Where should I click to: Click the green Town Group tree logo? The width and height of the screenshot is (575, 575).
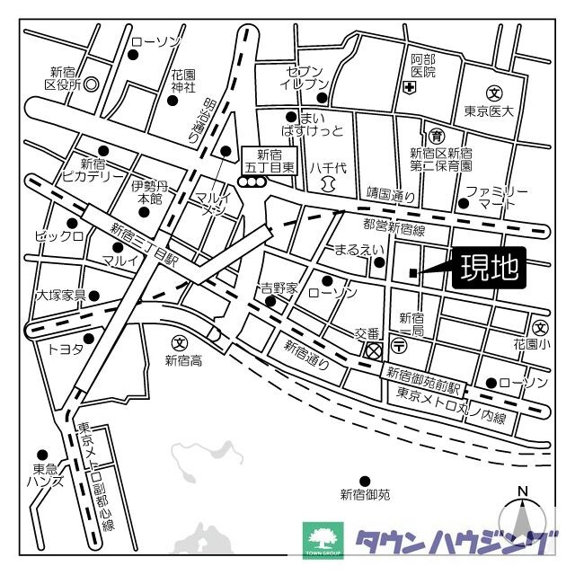point(323,540)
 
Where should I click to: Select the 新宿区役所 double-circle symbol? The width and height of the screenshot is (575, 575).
point(90,85)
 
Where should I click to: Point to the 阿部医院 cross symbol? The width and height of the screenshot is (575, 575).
point(409,87)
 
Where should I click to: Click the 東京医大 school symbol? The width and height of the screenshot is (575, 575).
point(494,93)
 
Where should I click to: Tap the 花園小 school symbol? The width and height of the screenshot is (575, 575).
point(540,327)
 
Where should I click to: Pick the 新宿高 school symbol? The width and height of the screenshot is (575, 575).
point(179,342)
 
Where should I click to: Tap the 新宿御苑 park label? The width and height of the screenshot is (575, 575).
point(365,494)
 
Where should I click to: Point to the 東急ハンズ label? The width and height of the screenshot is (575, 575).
point(46,475)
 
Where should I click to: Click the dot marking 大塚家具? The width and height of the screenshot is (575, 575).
point(94,295)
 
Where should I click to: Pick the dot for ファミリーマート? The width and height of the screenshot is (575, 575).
point(464,203)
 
